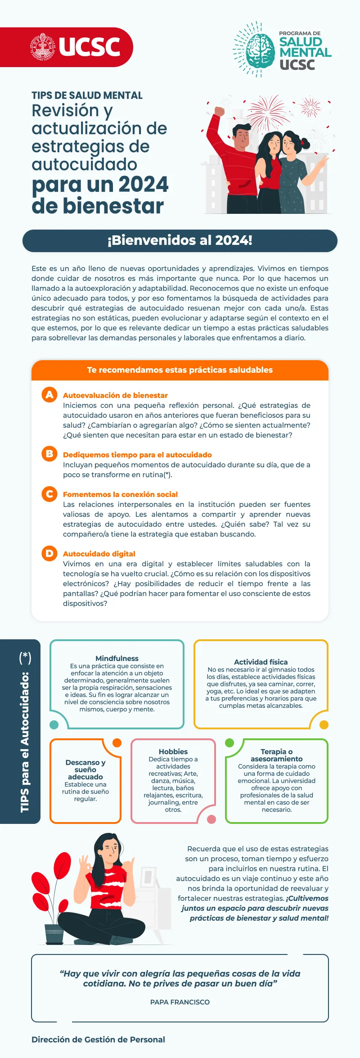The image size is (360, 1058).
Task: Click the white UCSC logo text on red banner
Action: click(89, 47)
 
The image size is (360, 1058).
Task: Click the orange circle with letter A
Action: click(49, 395)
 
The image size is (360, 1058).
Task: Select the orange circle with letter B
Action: click(49, 454)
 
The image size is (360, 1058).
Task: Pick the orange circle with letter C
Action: click(49, 494)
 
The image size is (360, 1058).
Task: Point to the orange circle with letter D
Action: click(49, 553)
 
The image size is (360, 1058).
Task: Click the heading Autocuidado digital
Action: click(99, 554)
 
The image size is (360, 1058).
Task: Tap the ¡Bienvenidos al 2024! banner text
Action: click(180, 240)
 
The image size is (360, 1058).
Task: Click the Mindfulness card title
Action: click(117, 658)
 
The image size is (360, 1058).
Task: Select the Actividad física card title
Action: click(261, 662)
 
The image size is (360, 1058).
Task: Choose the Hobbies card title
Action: click(173, 751)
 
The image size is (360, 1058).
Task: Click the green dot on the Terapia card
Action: click(229, 743)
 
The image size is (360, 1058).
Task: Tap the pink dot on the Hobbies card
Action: click(211, 819)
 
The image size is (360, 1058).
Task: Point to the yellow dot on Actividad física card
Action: click(324, 725)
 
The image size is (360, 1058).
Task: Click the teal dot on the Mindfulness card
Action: click(54, 725)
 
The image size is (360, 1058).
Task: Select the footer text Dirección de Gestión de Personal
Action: click(98, 1040)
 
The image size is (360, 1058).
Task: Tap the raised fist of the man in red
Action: click(219, 111)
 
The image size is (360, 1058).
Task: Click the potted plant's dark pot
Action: click(54, 934)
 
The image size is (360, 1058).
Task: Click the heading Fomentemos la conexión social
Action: click(120, 494)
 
